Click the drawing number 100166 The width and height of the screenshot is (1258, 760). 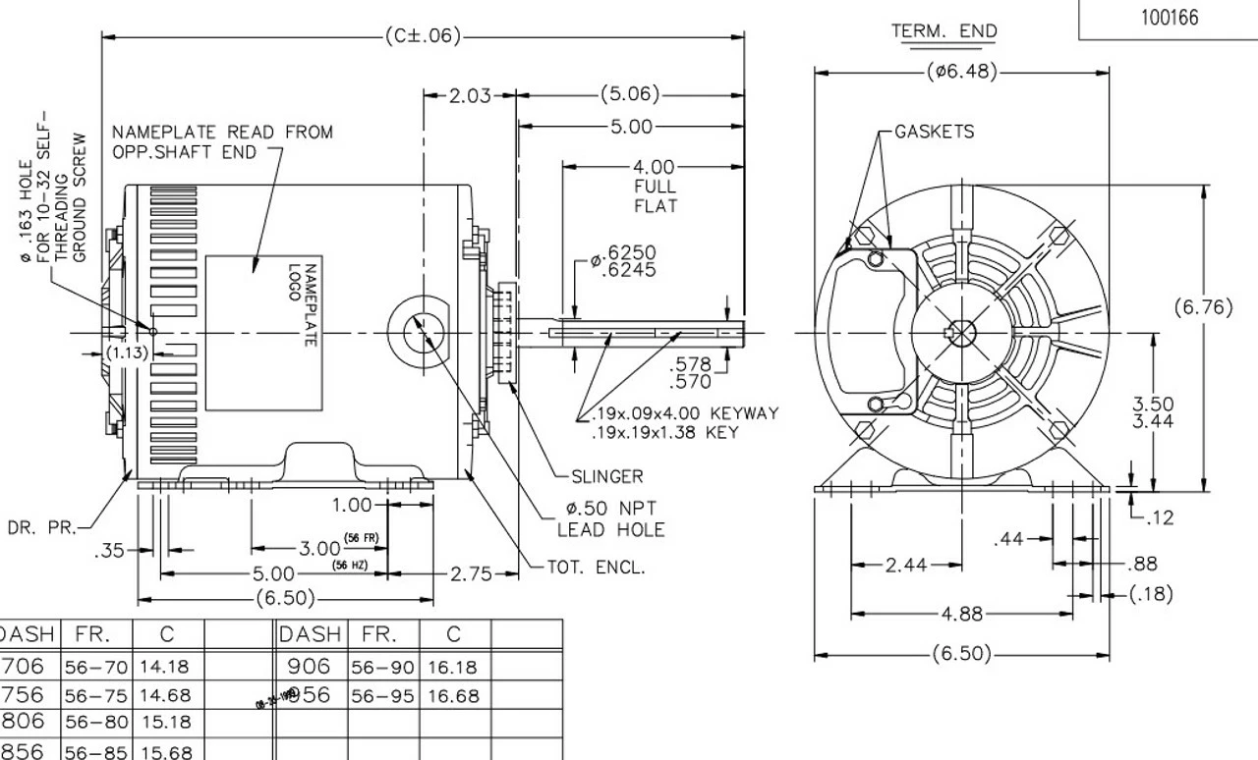click(1170, 18)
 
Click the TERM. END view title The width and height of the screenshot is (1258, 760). click(943, 31)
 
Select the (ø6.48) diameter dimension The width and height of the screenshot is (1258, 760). click(962, 72)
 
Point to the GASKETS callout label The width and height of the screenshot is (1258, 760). click(934, 132)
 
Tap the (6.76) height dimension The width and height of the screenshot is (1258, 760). click(1203, 307)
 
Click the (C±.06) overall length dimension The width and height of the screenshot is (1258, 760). click(423, 36)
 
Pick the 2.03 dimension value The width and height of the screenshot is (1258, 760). click(470, 95)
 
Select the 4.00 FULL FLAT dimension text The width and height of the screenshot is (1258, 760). click(655, 187)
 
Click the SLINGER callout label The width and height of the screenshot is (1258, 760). click(606, 476)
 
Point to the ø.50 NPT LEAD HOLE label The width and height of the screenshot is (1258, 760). click(610, 519)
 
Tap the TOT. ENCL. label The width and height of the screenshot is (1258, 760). click(597, 567)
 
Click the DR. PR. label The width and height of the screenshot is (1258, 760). click(41, 527)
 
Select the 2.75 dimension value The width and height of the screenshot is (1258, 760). click(471, 573)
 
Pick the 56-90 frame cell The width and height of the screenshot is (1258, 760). click(382, 667)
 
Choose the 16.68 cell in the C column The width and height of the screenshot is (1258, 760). click(452, 695)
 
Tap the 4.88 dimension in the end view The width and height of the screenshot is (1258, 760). click(961, 615)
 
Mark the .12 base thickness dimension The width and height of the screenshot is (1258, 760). click(1160, 517)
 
